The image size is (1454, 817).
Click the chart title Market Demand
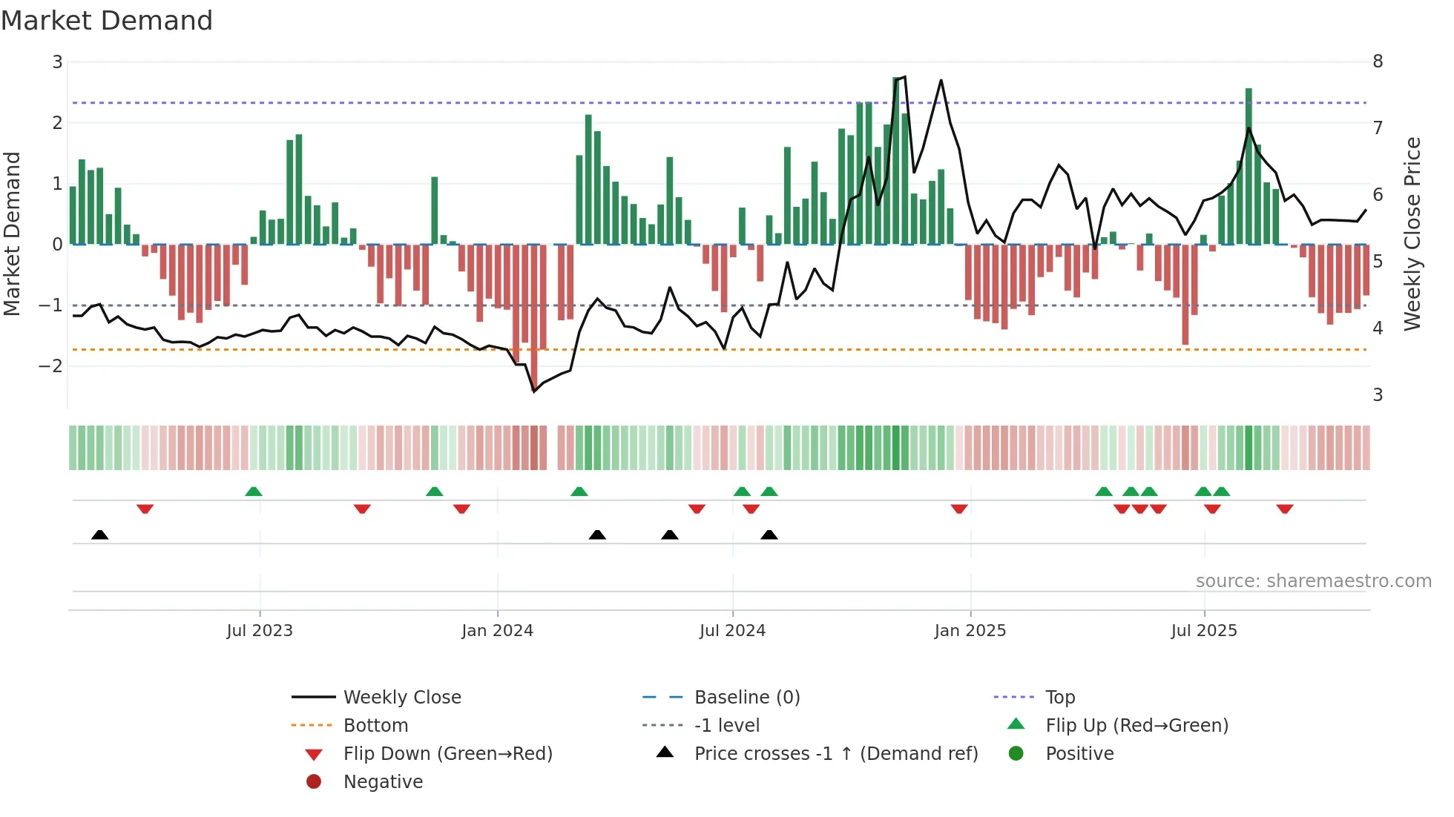point(107,21)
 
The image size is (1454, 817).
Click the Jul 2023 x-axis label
point(260,631)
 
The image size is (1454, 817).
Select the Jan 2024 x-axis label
point(497,631)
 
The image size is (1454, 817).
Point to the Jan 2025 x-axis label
point(970,631)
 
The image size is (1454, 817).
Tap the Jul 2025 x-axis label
point(1204,631)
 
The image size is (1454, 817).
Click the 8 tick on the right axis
point(1378,62)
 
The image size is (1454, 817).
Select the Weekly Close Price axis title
point(1412,234)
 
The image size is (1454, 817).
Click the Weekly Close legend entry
point(401,698)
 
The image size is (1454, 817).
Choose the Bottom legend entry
point(375,726)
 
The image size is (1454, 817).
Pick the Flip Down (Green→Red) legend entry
point(447,754)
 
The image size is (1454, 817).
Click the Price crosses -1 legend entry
point(835,754)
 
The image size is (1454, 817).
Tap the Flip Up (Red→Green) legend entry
point(1136,726)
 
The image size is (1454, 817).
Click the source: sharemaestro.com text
point(1313,581)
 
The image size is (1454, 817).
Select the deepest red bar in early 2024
point(534,315)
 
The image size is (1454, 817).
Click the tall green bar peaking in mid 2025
point(1249,167)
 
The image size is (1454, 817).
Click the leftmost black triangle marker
point(99,535)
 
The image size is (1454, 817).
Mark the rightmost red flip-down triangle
point(1285,509)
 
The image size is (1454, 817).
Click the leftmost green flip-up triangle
point(254,492)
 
